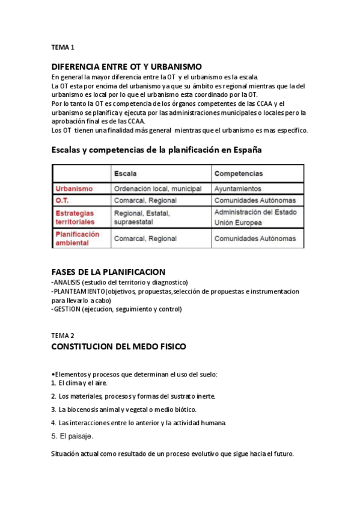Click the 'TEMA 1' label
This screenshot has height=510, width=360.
[x=63, y=47]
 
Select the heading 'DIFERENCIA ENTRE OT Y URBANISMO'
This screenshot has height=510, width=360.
[x=126, y=66]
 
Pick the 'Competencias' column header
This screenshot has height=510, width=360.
[x=239, y=173]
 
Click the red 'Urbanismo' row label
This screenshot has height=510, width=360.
[x=74, y=188]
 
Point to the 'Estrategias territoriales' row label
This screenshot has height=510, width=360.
[x=75, y=217]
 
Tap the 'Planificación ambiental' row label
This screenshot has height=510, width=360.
[x=77, y=238]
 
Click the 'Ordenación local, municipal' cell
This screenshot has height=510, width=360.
[x=157, y=188]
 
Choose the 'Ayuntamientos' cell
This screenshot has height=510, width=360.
[x=238, y=188]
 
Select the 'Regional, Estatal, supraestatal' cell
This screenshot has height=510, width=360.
[x=142, y=217]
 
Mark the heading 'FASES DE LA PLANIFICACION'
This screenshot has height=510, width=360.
[x=108, y=272]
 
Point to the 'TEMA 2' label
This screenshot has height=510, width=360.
[x=63, y=336]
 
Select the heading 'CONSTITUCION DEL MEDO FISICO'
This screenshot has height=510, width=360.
[x=118, y=347]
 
